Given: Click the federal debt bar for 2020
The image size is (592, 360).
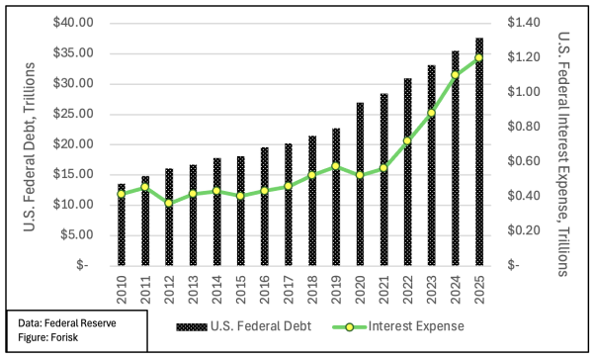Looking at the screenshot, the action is [360, 184].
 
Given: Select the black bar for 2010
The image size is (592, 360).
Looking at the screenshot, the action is [122, 225].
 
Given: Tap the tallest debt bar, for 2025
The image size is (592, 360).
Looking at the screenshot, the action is [479, 151].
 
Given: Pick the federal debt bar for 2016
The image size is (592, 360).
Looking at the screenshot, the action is [265, 207].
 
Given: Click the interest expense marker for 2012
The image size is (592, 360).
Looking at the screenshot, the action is [169, 203].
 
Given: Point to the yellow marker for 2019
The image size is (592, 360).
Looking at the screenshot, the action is [336, 166].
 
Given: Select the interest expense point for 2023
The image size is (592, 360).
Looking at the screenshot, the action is [431, 113].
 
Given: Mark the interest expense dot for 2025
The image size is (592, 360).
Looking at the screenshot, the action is [478, 57].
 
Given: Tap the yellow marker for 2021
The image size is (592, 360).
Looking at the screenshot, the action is [383, 168].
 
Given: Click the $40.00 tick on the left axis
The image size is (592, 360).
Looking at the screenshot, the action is [73, 23].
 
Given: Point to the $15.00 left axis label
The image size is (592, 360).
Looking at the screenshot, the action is [73, 174].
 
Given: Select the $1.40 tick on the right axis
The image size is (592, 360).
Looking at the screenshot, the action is [523, 23].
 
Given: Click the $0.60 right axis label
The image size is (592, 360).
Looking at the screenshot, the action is [523, 161].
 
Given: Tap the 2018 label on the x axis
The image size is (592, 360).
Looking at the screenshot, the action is [312, 290].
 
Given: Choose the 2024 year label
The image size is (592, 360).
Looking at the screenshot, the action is [456, 290].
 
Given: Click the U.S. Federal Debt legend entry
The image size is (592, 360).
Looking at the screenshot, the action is [244, 326].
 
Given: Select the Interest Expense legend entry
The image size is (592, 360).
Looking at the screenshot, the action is [398, 326].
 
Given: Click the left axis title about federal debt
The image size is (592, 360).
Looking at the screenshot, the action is [30, 147].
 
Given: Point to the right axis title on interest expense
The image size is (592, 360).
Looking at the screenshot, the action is [563, 154].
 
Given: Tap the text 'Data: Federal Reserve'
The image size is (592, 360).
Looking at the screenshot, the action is [67, 323].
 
